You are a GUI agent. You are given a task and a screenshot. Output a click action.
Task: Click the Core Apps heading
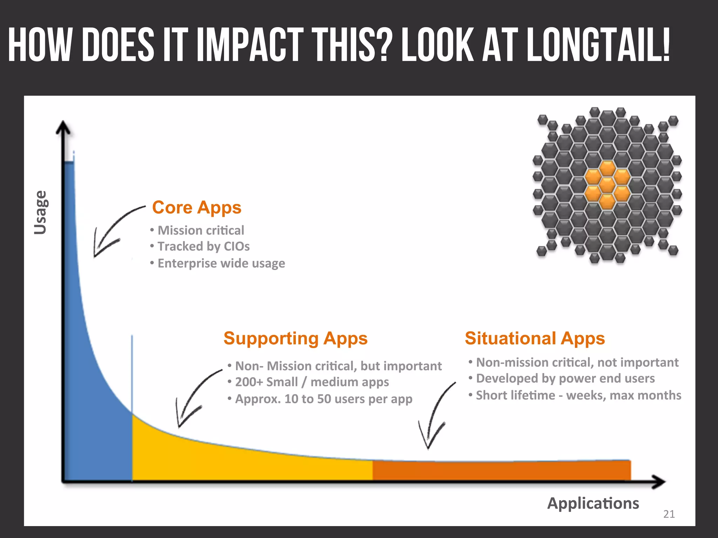click(x=197, y=208)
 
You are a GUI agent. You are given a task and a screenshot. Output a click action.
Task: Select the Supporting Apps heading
click(x=296, y=338)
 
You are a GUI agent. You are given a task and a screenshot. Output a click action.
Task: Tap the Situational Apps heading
click(x=535, y=338)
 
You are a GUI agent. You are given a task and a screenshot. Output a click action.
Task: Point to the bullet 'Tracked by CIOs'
click(x=203, y=247)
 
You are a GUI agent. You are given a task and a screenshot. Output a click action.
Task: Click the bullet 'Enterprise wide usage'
click(x=221, y=263)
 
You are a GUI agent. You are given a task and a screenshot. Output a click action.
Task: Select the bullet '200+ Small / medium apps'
click(x=312, y=382)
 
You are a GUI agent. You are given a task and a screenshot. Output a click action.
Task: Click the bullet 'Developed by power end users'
click(x=565, y=379)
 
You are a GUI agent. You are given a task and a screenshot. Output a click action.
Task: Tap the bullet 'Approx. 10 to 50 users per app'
click(x=323, y=399)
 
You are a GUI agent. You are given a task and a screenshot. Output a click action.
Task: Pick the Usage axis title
click(x=40, y=212)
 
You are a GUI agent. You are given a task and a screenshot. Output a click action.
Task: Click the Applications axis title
click(x=593, y=503)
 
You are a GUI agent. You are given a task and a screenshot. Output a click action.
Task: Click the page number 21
click(x=669, y=514)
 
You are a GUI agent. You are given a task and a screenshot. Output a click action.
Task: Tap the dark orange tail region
click(x=501, y=471)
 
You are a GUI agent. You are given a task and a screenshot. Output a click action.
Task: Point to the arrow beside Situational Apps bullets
click(x=435, y=417)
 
